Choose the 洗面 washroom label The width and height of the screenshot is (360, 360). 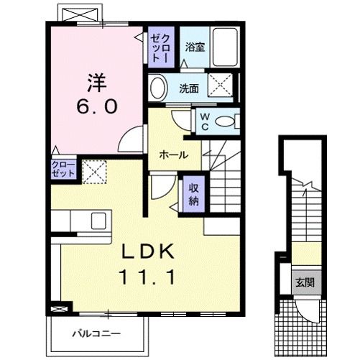[189, 90]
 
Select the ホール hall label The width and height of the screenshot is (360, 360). [173, 154]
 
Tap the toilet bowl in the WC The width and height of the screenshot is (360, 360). [229, 121]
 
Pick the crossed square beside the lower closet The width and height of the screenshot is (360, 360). [93, 172]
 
